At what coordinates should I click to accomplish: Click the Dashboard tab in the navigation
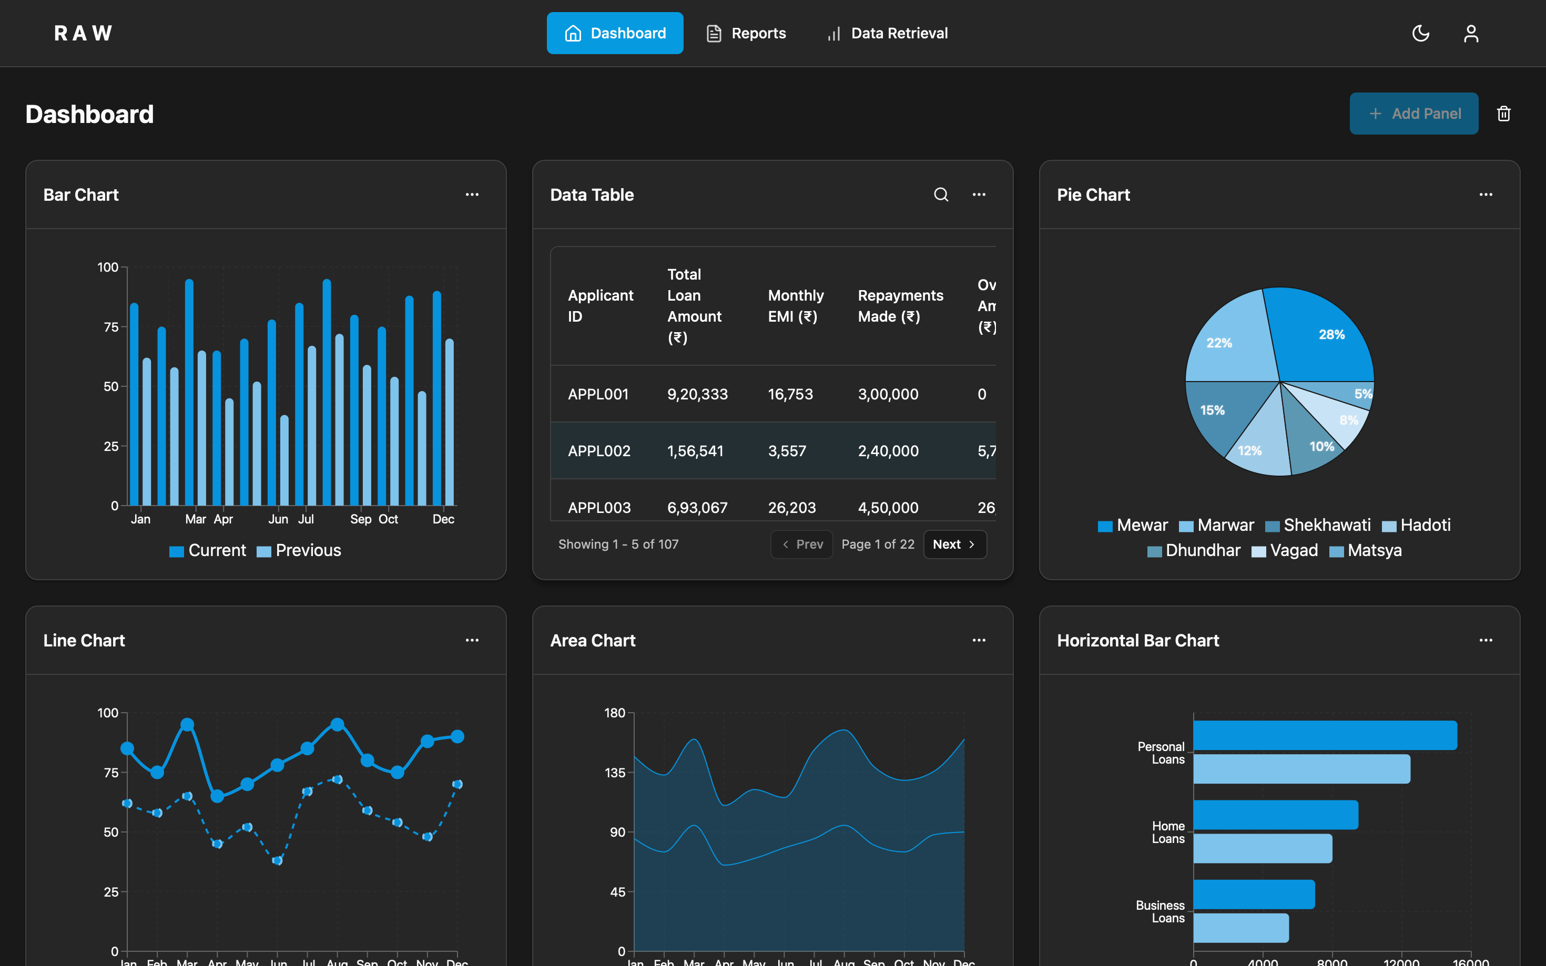point(614,33)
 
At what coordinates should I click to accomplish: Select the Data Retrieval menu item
point(887,33)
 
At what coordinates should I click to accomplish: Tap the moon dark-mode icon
point(1420,33)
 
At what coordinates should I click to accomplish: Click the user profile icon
point(1471,33)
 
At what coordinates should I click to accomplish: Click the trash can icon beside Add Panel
point(1503,114)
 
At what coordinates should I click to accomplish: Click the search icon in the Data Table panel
point(941,195)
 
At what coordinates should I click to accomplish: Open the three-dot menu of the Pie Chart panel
point(1486,195)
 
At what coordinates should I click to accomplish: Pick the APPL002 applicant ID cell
point(599,451)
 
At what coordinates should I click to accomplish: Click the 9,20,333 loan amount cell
point(697,394)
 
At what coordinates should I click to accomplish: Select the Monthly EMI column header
point(795,306)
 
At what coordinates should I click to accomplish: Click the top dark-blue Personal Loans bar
point(1324,735)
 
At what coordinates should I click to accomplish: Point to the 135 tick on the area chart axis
point(615,773)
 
